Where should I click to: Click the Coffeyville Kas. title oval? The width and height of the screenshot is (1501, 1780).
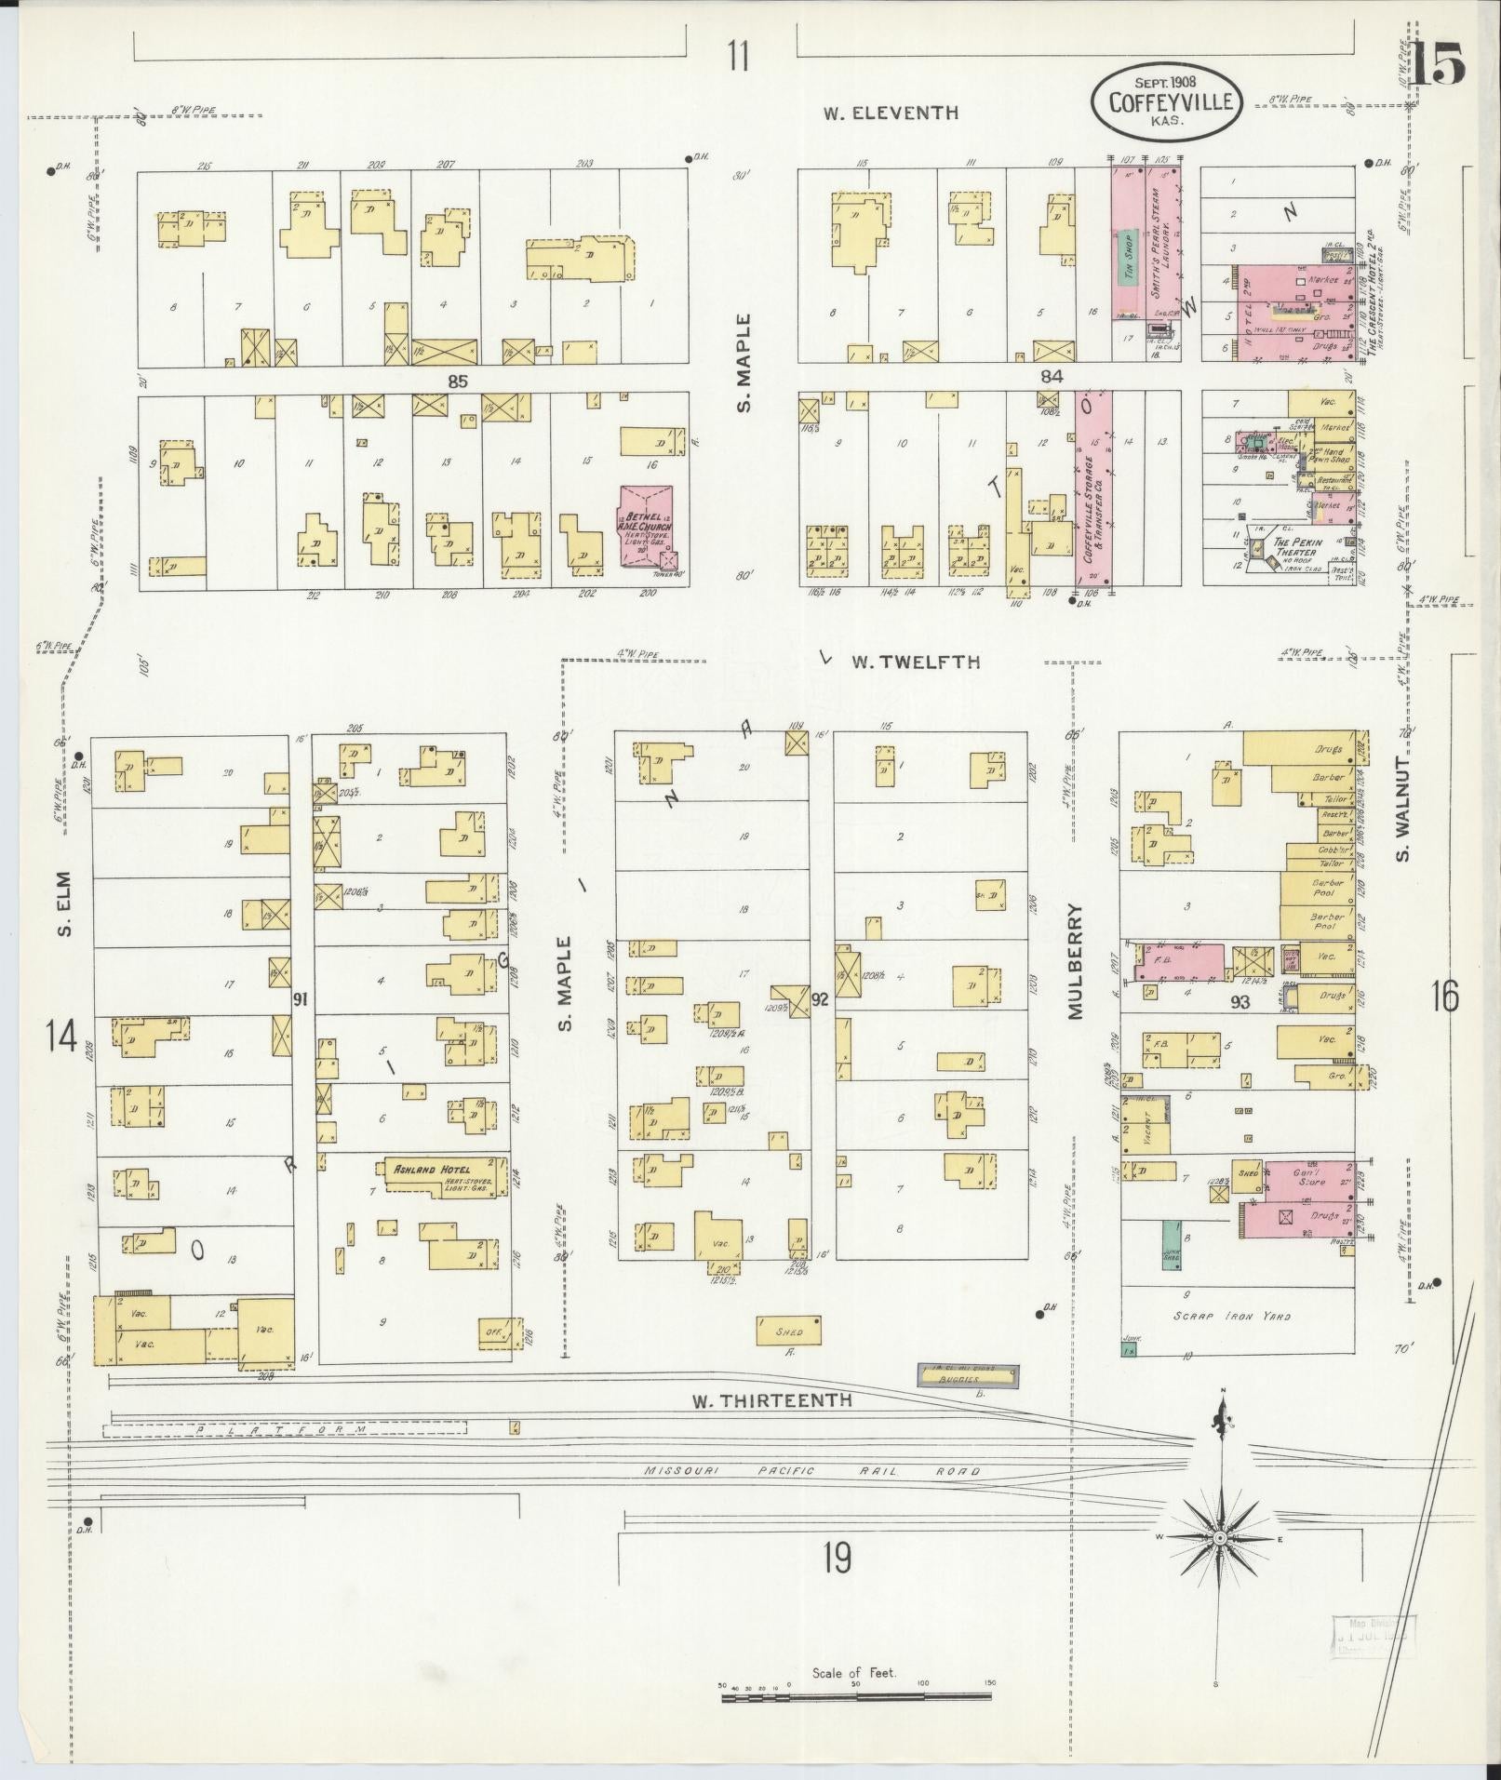click(x=1166, y=103)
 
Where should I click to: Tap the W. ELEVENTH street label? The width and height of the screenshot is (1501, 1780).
click(x=890, y=114)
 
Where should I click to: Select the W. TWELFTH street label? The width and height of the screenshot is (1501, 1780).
click(x=916, y=662)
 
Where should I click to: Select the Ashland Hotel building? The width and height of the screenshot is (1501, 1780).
click(x=444, y=1175)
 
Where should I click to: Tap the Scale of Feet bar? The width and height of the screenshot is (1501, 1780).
click(x=856, y=1697)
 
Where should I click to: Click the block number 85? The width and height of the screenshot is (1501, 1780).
click(x=455, y=380)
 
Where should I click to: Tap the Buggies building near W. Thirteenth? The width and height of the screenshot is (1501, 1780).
click(x=968, y=1373)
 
